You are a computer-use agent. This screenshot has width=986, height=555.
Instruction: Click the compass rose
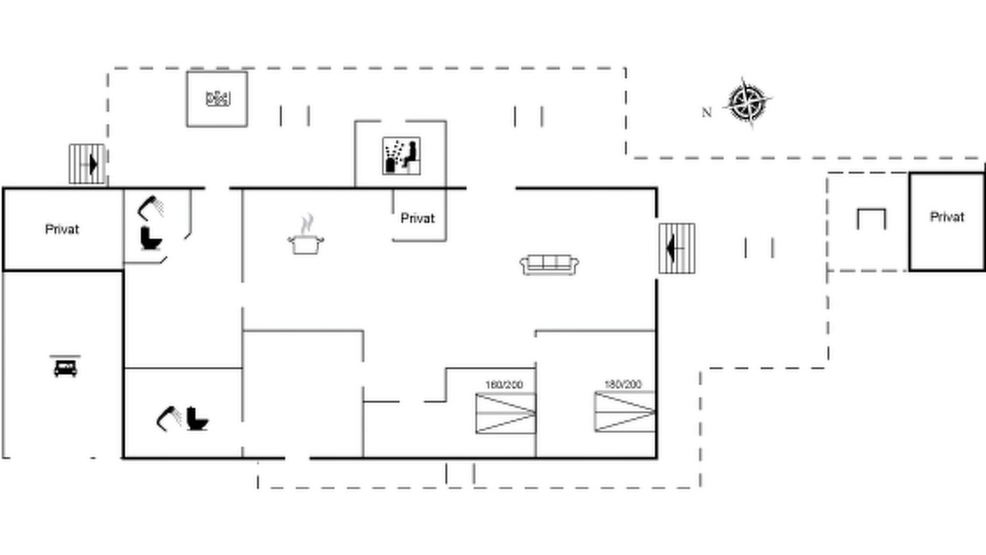747,103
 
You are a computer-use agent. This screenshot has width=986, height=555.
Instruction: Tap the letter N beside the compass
706,113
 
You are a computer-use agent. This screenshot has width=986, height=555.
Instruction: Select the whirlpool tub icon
218,98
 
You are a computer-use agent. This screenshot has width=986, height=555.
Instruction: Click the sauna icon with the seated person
401,156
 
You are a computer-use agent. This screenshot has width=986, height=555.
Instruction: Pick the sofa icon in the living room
549,264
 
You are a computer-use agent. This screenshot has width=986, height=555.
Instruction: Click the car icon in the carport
65,366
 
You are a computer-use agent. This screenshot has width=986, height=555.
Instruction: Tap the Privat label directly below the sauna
418,218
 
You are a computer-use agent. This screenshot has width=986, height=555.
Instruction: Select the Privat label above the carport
62,230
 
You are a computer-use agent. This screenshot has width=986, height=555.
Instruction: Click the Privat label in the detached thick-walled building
947,217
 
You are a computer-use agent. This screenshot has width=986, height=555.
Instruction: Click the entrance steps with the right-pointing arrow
87,164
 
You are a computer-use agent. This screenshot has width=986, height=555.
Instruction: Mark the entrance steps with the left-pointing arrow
677,248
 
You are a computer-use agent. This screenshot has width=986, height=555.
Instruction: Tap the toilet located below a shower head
151,238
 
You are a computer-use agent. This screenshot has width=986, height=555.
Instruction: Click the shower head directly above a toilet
150,208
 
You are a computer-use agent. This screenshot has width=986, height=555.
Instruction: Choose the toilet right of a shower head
196,419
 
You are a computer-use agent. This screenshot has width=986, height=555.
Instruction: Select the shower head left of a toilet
169,419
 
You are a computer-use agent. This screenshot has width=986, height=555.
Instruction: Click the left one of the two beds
506,414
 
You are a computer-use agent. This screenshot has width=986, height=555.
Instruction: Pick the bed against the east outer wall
625,412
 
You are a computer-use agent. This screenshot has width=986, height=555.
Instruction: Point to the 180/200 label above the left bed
504,385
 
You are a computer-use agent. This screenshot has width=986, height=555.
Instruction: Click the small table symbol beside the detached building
871,218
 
